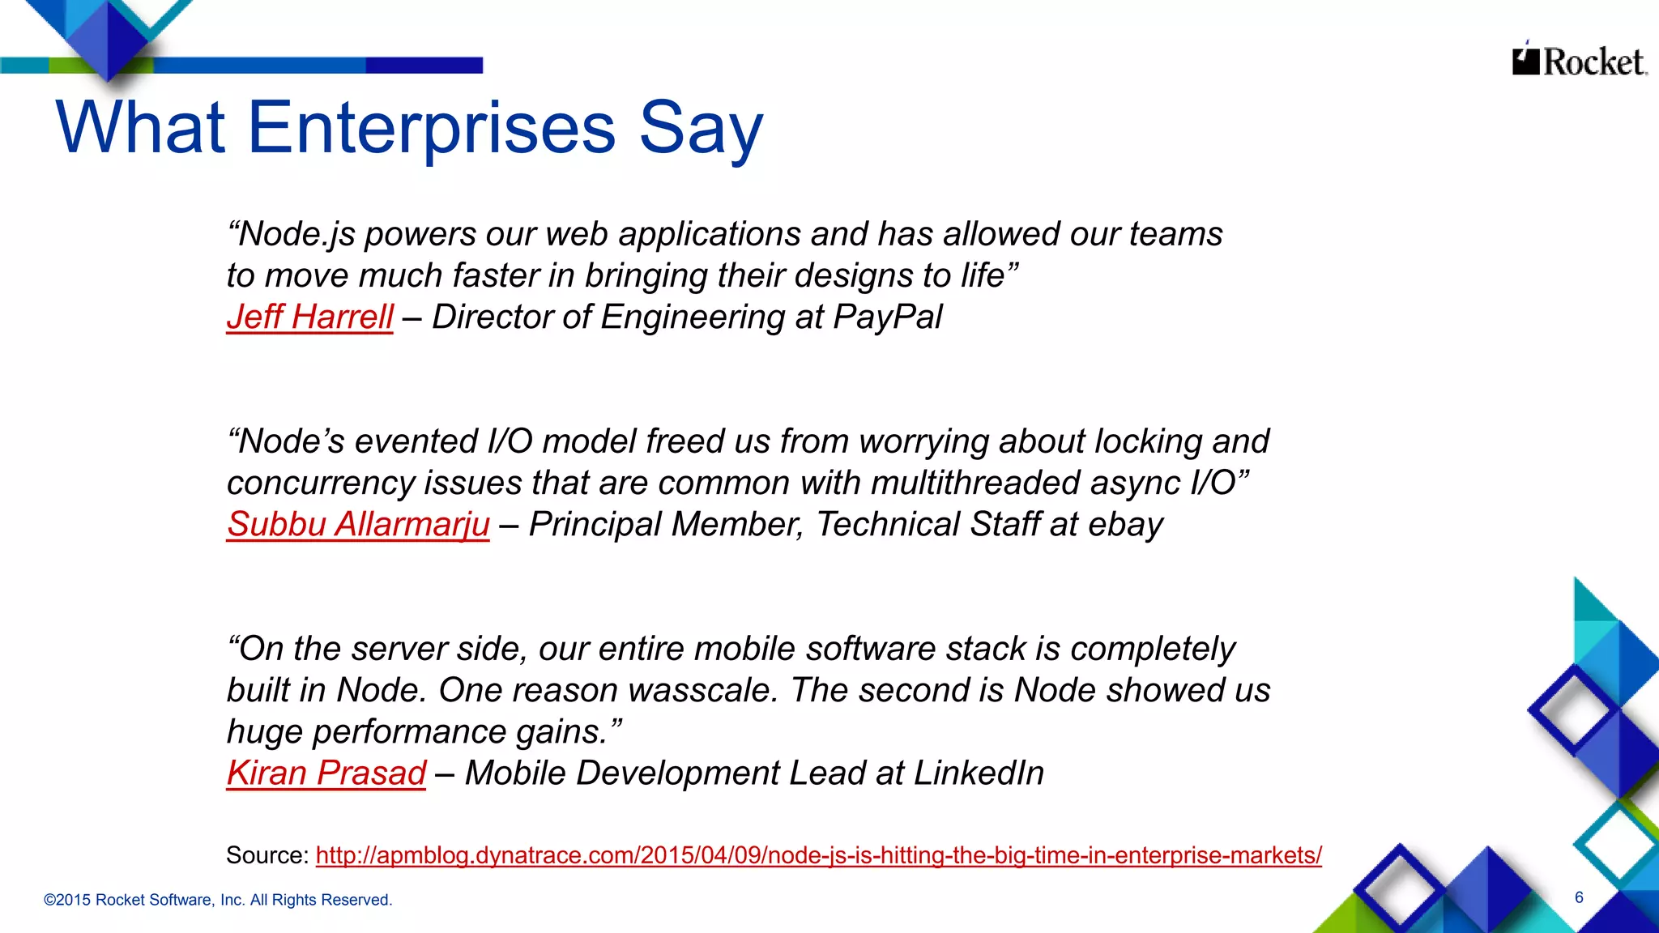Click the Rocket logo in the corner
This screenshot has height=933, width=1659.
click(x=1579, y=61)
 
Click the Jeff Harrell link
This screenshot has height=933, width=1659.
click(x=310, y=317)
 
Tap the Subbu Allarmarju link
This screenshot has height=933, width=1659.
click(x=358, y=524)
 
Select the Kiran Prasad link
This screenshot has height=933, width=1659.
click(x=326, y=773)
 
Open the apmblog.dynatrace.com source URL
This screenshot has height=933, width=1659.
click(x=818, y=855)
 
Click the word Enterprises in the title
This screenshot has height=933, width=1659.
click(x=432, y=128)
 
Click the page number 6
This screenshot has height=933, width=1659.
click(x=1579, y=897)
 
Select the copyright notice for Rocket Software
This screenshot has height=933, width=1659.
click(x=218, y=900)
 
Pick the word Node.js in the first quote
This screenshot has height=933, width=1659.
click(x=297, y=234)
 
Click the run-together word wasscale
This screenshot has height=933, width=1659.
click(x=702, y=690)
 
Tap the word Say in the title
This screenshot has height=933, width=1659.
click(x=701, y=128)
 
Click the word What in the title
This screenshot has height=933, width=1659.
click(x=140, y=128)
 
